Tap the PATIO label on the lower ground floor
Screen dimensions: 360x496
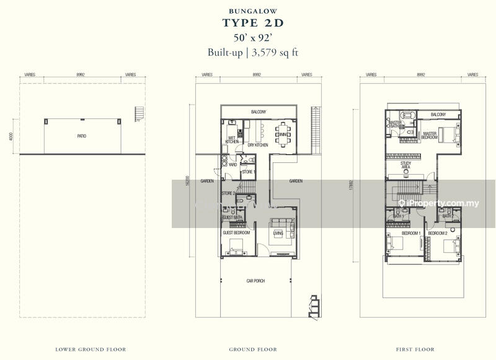point(82,135)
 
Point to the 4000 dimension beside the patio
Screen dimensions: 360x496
point(11,136)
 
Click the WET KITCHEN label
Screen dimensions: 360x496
point(232,140)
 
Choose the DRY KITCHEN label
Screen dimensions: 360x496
point(257,145)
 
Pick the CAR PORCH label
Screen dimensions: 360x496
point(255,281)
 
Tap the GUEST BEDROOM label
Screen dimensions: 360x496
point(236,232)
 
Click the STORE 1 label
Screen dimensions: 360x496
point(248,172)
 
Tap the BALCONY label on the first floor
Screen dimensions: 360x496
point(438,115)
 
